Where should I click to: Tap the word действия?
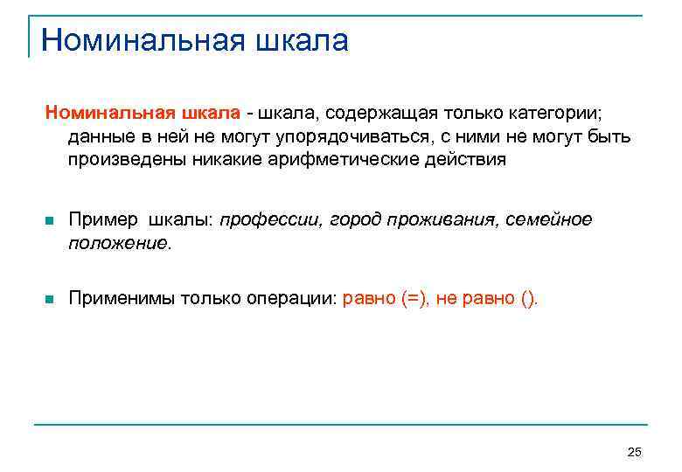point(463,161)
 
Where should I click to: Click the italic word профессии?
point(271,219)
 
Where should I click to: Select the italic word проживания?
point(442,219)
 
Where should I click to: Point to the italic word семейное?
point(549,219)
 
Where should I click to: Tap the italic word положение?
point(119,243)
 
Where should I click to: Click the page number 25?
point(635,451)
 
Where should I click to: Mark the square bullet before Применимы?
point(49,300)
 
